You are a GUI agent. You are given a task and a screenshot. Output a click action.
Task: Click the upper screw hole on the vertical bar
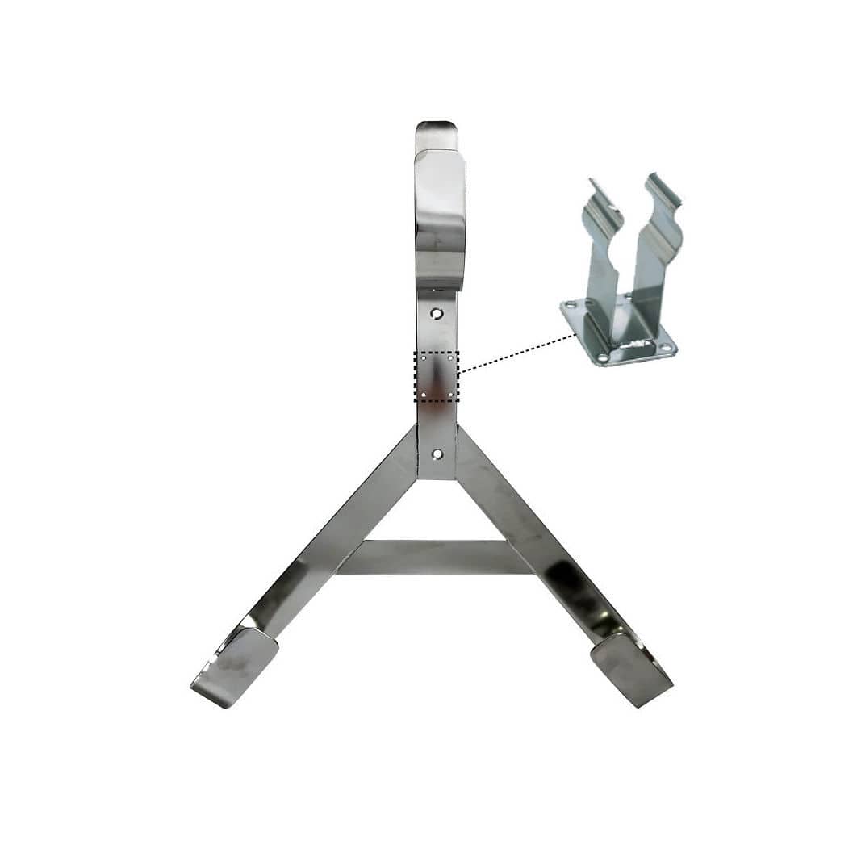click(437, 313)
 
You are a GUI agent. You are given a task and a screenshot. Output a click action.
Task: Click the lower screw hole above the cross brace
click(437, 454)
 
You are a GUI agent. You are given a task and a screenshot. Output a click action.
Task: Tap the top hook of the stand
click(439, 202)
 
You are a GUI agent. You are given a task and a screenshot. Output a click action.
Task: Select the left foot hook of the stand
click(235, 667)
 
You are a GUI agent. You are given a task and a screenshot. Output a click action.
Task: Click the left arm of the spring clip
click(601, 258)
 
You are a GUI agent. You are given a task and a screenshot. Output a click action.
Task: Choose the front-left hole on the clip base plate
click(602, 356)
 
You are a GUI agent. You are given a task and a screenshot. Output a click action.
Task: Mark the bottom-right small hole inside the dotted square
click(450, 394)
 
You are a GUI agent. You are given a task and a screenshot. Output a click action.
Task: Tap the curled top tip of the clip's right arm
click(665, 185)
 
